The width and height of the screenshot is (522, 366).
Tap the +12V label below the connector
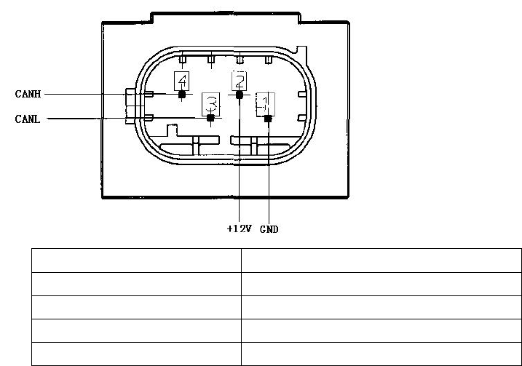(x=239, y=228)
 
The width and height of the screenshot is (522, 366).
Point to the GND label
(x=269, y=228)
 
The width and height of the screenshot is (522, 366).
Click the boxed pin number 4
(x=181, y=80)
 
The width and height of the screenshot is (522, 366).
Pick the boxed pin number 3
(x=210, y=102)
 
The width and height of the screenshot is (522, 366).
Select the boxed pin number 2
(x=240, y=80)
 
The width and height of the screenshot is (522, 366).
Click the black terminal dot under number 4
(x=181, y=94)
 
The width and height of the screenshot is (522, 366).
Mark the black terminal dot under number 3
(x=210, y=118)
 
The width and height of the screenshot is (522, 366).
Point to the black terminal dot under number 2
(x=240, y=94)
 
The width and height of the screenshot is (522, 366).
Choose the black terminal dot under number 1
(x=268, y=118)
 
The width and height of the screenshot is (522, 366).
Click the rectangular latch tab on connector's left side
(x=130, y=106)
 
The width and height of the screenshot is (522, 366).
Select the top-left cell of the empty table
(x=136, y=260)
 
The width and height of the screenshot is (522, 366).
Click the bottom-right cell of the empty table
(x=381, y=354)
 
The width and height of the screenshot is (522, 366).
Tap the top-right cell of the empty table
(x=381, y=260)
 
